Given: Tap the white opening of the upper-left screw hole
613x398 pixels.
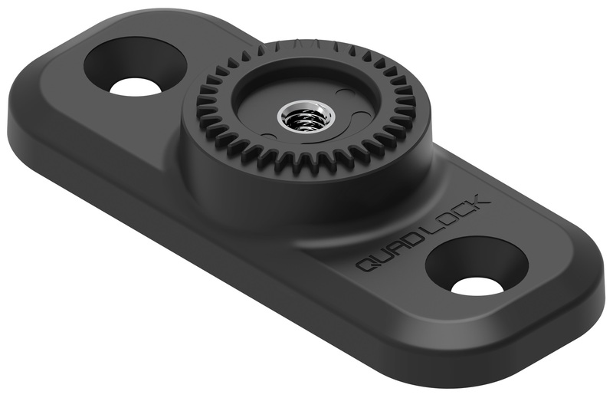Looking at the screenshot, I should point(136,86).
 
